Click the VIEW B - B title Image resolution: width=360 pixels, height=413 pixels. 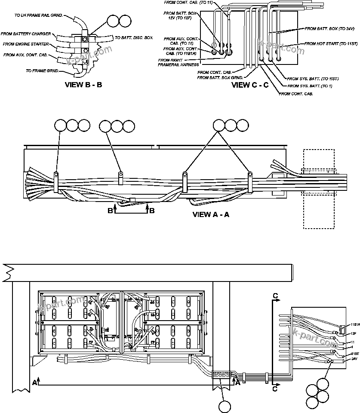83,85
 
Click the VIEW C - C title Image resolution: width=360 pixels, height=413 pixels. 250,85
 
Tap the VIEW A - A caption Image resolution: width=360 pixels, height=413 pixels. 211,214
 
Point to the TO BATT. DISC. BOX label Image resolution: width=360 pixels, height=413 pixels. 134,38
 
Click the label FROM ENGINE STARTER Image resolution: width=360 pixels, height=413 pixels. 25,44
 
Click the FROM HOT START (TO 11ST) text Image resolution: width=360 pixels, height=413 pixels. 331,44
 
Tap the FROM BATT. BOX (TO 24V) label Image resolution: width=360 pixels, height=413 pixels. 329,29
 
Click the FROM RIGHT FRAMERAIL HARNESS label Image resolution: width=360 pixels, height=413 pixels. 178,62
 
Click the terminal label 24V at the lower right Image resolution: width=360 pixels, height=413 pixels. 354,358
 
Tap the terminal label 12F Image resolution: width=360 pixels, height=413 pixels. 354,333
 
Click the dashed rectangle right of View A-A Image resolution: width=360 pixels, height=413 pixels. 319,189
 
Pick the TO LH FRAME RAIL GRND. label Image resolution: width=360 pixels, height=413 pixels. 39,15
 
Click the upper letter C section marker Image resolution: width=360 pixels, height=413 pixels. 275,296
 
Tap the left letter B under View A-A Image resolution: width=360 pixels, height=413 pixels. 110,210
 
